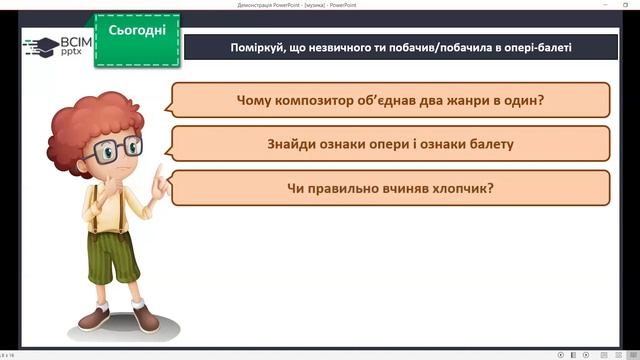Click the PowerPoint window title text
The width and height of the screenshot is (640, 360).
(319, 5)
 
